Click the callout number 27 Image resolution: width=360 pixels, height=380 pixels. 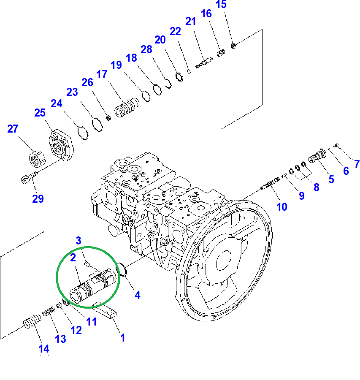(x=13, y=129)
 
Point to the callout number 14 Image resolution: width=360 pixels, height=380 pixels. (x=44, y=349)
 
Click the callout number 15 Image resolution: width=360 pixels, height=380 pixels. (x=221, y=5)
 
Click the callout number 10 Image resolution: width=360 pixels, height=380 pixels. (x=282, y=206)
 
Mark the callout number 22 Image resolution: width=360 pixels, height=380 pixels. (x=175, y=31)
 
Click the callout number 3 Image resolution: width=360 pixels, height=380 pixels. (x=78, y=241)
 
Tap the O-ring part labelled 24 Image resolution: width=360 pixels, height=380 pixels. (x=83, y=133)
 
